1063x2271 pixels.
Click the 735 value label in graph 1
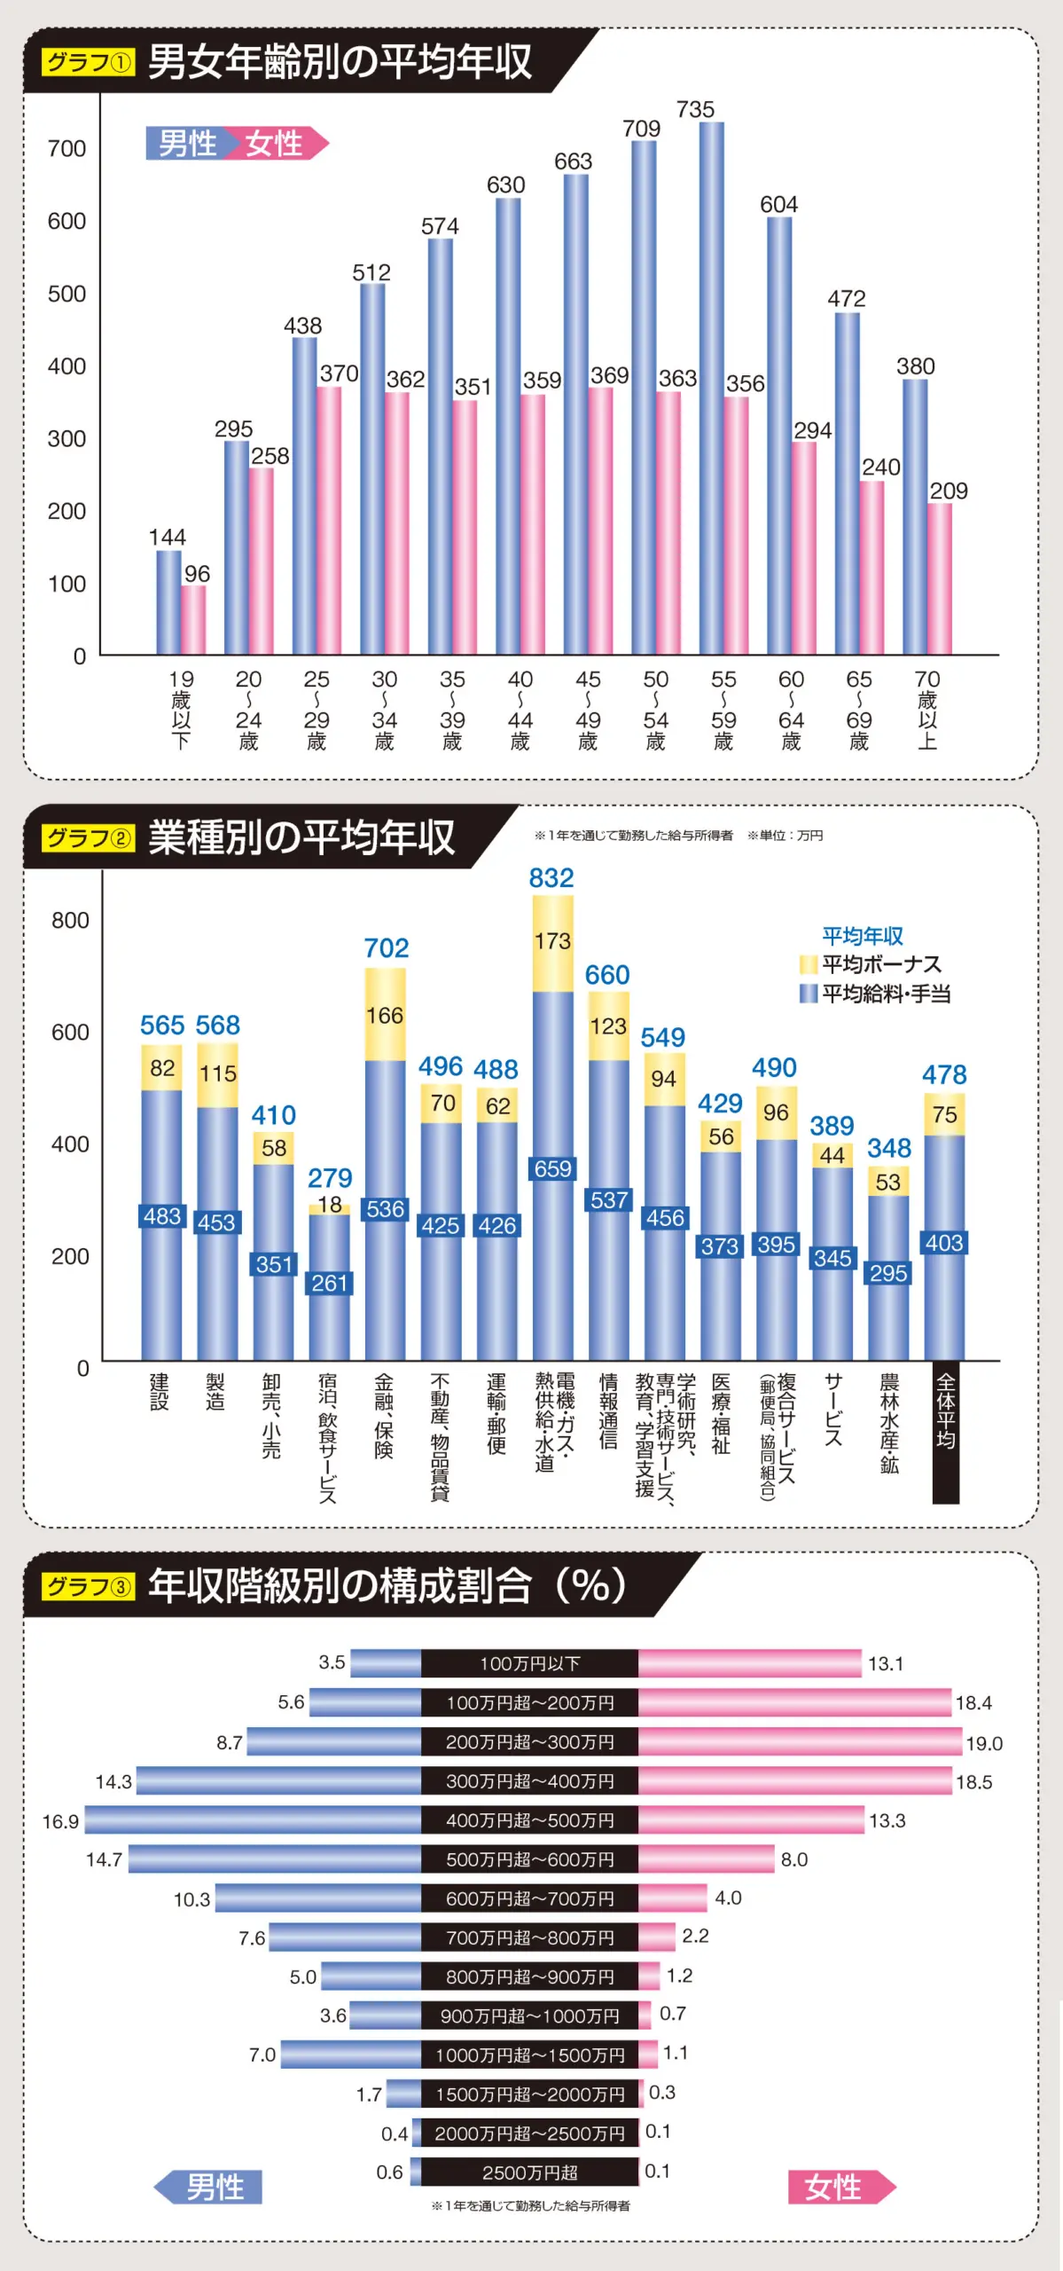point(695,109)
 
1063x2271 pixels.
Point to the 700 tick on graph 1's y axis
point(66,148)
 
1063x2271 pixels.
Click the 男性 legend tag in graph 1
point(187,143)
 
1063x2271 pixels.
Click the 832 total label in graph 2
point(551,878)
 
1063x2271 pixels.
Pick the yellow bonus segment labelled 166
point(386,1014)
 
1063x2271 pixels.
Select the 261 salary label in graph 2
point(329,1283)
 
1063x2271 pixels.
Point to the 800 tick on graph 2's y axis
point(70,920)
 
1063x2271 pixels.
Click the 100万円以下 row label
point(529,1663)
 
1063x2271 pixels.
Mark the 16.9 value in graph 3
point(60,1821)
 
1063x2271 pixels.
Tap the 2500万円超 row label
point(529,2173)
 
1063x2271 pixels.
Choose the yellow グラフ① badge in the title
point(89,62)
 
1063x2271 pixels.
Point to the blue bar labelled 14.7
point(275,1858)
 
